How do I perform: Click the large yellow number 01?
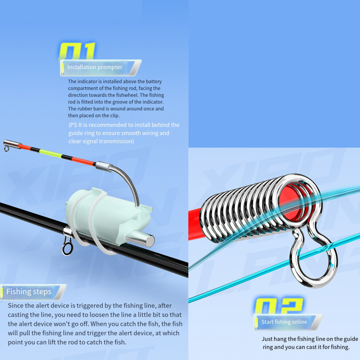coord(77,51)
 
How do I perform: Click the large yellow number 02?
coord(279,306)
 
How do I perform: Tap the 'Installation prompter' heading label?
coord(95,67)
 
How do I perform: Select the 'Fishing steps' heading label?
coord(29,292)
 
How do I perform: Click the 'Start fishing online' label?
coord(284,322)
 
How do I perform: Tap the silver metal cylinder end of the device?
coord(142,239)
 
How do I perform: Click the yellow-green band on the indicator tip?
coord(51,153)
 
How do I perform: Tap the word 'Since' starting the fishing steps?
coord(16,305)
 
